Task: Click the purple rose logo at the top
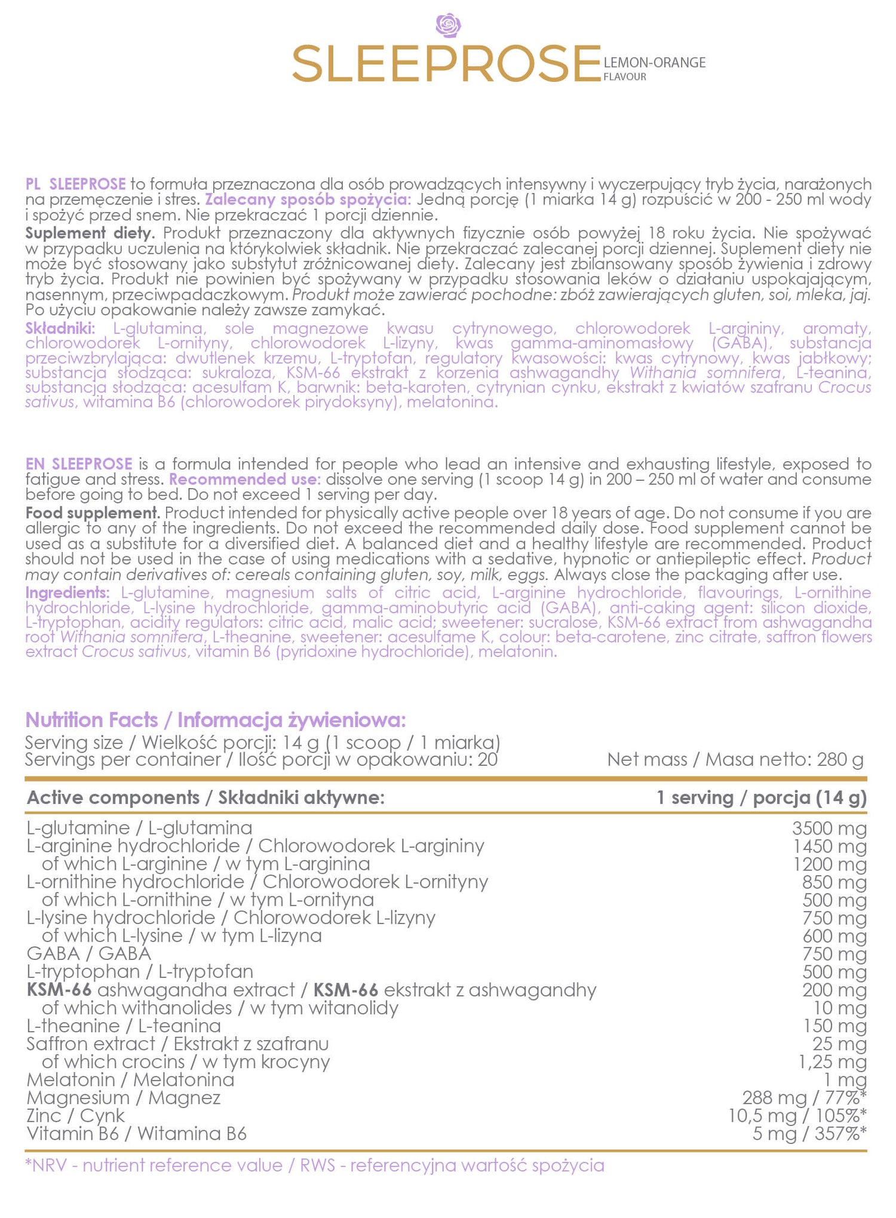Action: point(448,26)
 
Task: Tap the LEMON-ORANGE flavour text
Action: point(654,63)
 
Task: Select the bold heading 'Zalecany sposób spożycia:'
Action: point(308,200)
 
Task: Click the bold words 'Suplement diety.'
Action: point(90,233)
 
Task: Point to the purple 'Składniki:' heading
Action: point(60,328)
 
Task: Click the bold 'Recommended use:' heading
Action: point(245,479)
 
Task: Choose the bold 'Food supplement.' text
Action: point(93,513)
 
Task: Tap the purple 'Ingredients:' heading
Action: point(67,593)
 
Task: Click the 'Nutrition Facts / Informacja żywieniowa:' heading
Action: point(216,720)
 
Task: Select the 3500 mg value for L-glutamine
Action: point(829,828)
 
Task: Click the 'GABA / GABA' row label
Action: point(89,953)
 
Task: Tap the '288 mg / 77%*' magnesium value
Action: point(804,1097)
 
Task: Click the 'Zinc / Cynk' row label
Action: point(76,1115)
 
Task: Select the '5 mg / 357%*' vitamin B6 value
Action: point(809,1133)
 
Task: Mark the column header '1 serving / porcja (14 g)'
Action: point(761,797)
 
